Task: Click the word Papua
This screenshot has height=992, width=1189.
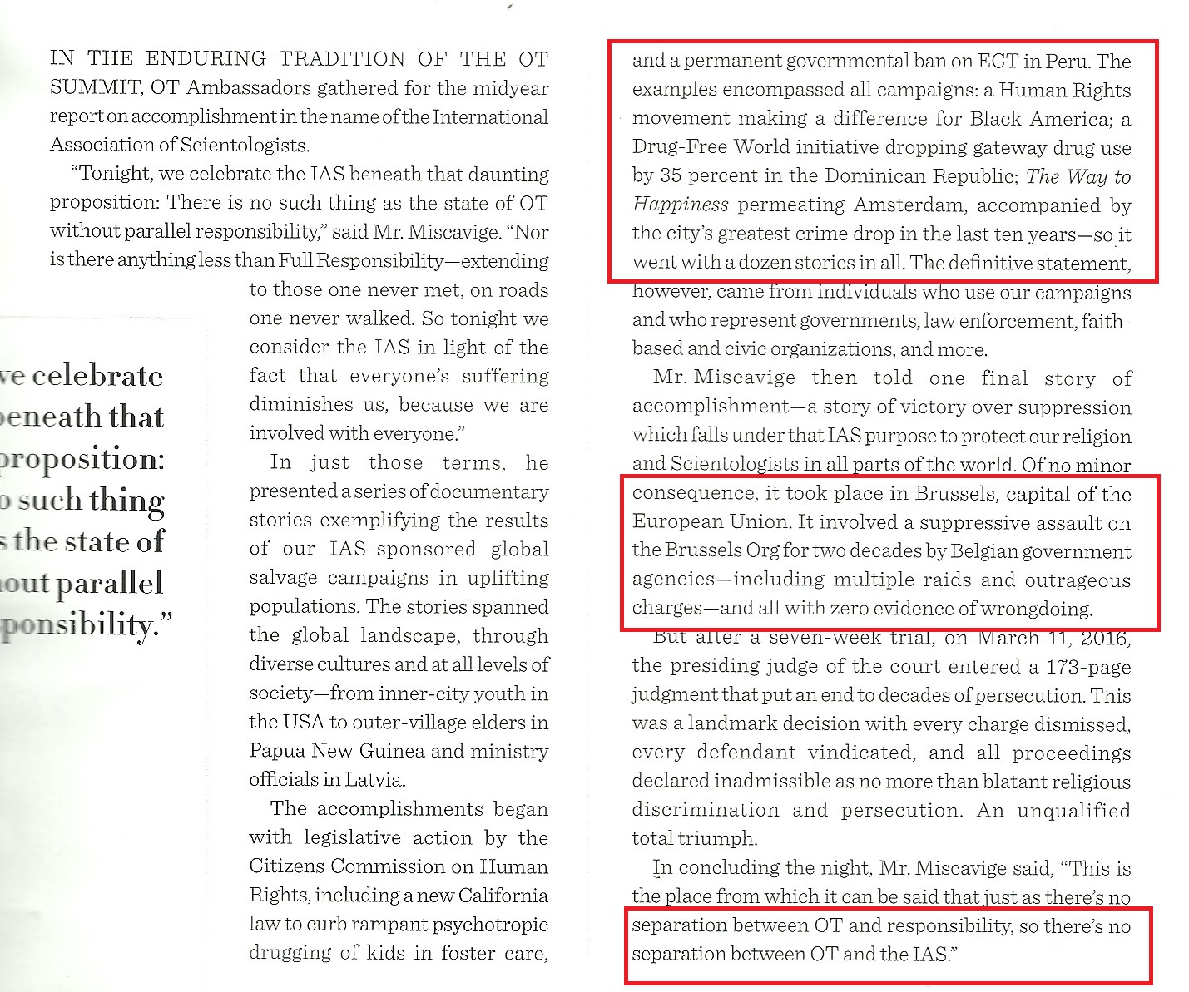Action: click(278, 751)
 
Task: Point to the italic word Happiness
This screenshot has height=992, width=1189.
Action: click(680, 205)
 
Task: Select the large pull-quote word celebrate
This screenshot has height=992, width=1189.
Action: click(97, 376)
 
